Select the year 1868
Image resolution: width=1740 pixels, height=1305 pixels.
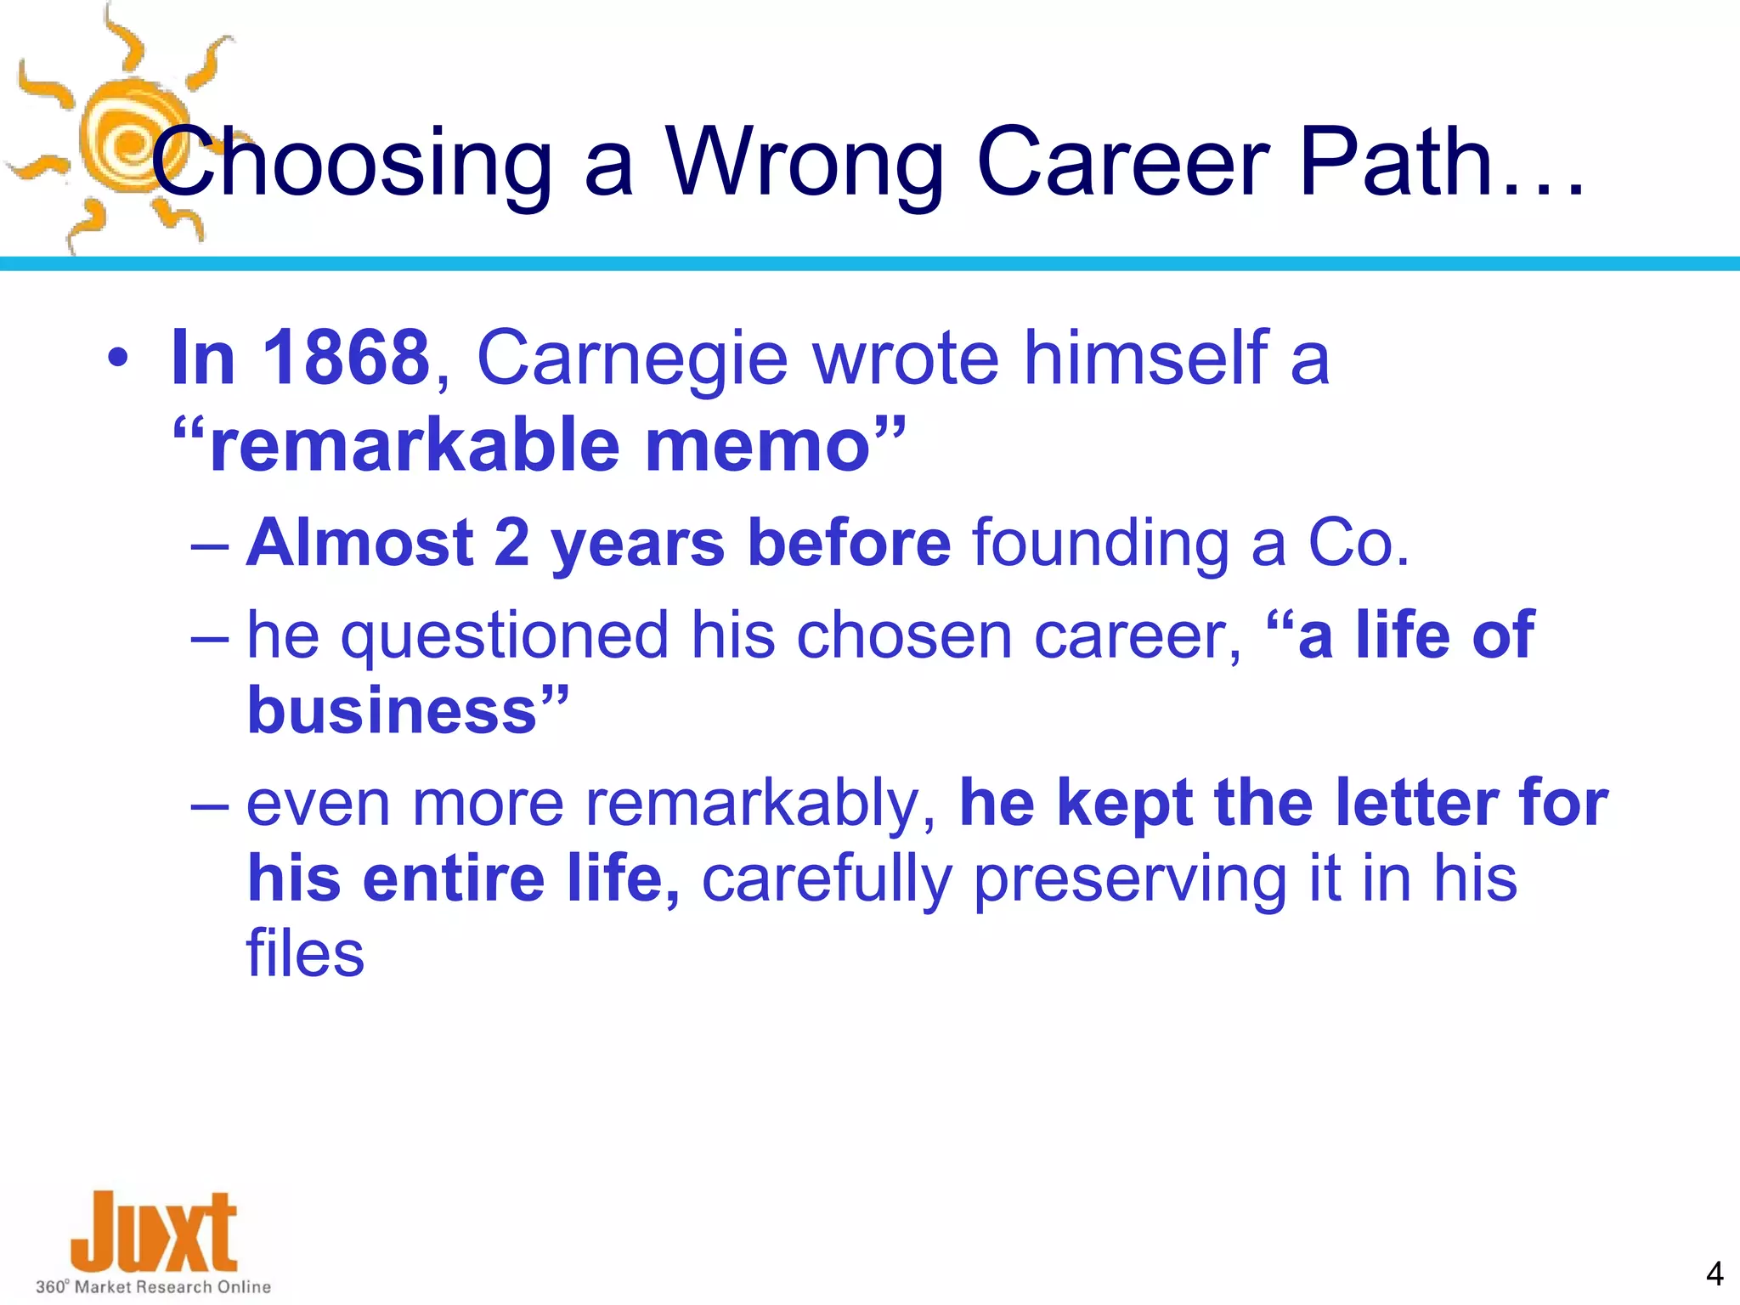(346, 358)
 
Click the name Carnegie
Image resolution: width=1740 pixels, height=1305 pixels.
(633, 358)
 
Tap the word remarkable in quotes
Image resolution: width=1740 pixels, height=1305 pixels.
(416, 446)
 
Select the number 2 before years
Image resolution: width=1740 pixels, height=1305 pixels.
(511, 543)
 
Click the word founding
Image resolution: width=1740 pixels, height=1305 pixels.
(1100, 543)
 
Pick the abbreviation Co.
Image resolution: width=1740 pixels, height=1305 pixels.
(1358, 543)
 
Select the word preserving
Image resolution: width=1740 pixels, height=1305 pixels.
(1130, 878)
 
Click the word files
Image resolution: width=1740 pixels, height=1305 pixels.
(305, 954)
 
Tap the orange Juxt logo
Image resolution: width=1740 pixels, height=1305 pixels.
(153, 1232)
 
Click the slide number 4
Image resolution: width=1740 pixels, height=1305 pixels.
(1714, 1274)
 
